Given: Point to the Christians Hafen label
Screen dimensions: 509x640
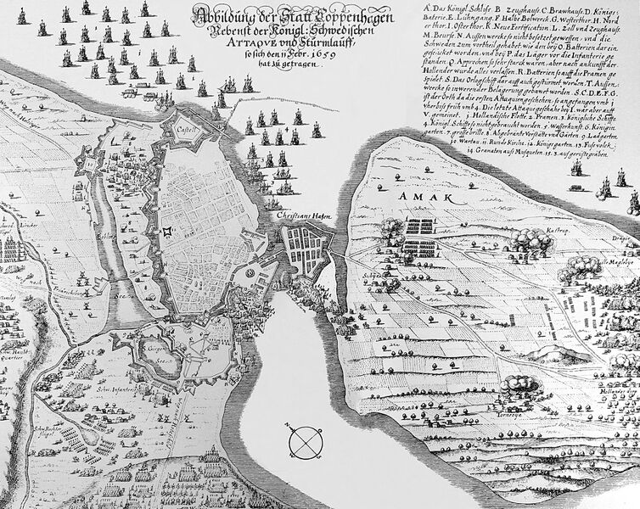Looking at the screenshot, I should click(x=303, y=217).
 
